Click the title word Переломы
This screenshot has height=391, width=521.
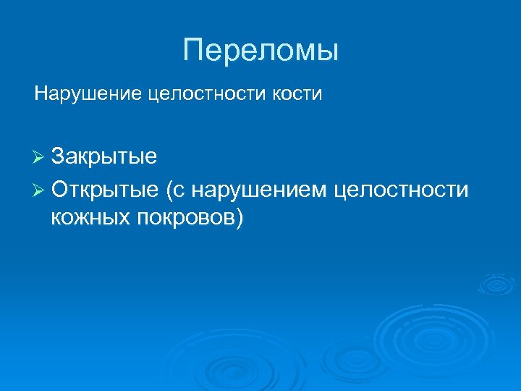pos(260,51)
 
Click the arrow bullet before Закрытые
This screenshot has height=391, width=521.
pos(39,158)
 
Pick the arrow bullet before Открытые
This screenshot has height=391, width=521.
pos(39,190)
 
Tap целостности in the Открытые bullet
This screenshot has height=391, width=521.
pos(402,190)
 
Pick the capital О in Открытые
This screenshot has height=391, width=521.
pos(61,190)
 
